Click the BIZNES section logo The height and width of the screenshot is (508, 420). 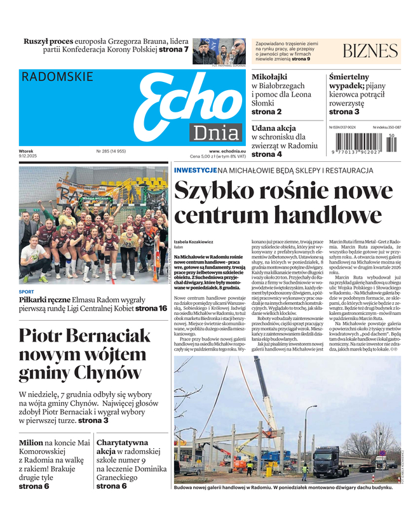370,51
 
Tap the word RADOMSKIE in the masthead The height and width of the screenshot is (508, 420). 57,77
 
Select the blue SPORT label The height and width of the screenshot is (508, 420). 27,292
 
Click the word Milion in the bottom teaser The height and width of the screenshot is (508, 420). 31,442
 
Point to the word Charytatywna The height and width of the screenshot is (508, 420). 122,442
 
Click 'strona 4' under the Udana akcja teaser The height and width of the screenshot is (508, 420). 267,154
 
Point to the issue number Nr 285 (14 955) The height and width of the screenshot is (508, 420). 111,151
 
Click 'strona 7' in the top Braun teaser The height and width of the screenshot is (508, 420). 173,49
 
